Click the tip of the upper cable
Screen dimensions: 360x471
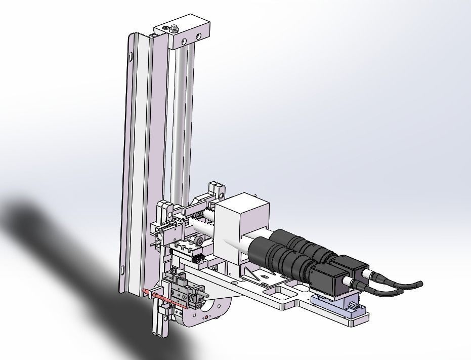[x=419, y=284]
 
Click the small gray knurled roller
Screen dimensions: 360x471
[x=200, y=242]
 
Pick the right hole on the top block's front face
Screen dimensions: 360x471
[x=199, y=36]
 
